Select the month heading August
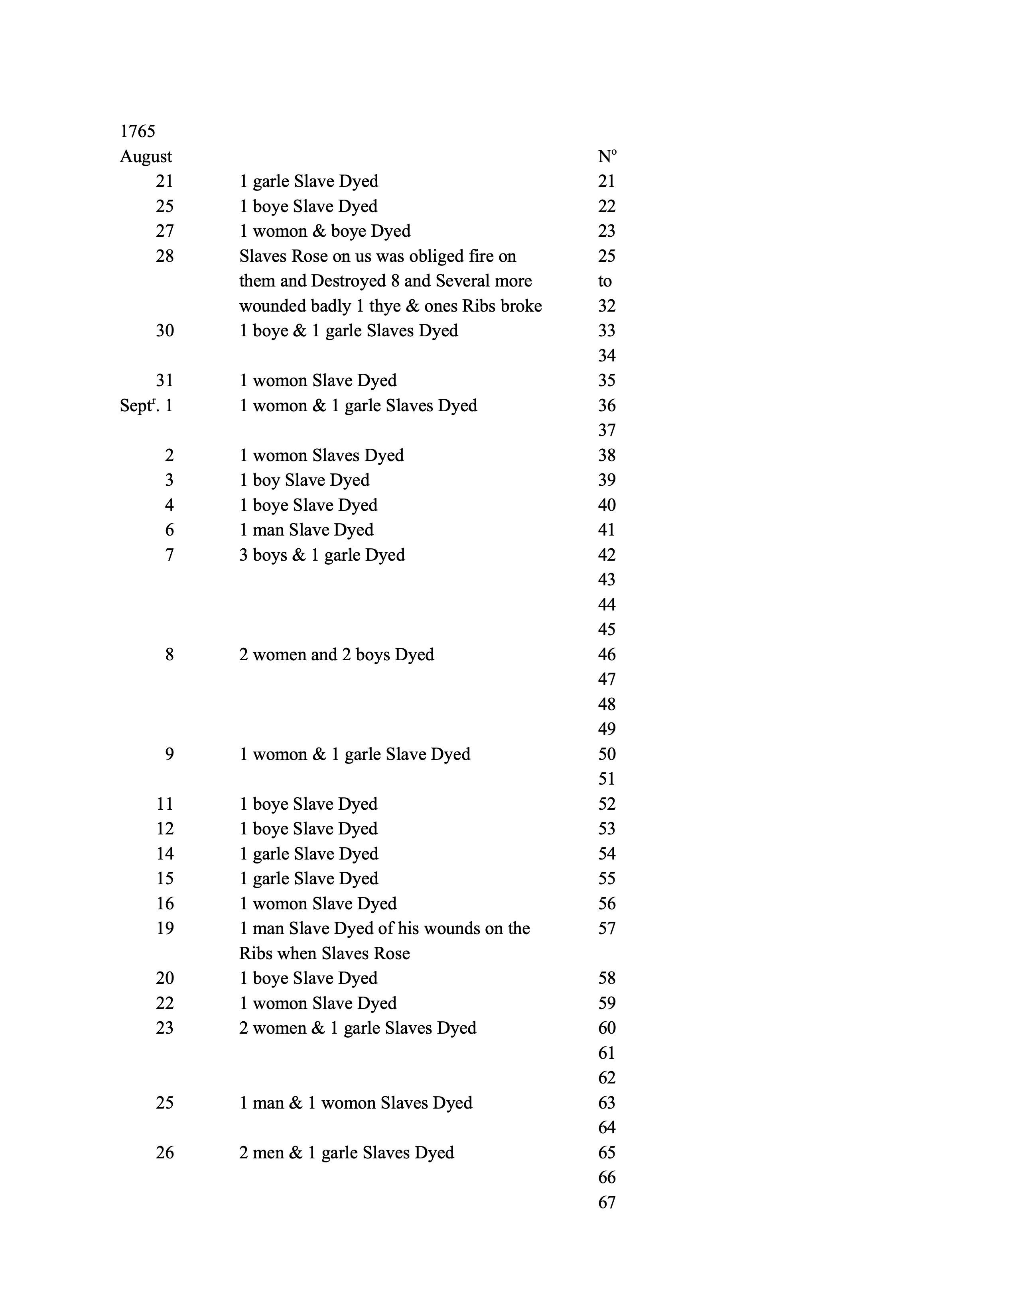pos(146,157)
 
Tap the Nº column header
pos(607,157)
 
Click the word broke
pos(521,306)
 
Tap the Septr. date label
pos(137,406)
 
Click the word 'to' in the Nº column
pos(605,281)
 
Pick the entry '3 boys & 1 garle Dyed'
pos(322,555)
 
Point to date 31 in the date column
pos(164,381)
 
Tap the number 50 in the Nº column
pos(607,754)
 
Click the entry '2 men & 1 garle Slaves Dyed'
pos(347,1153)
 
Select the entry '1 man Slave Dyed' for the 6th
pos(306,530)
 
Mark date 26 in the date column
pos(164,1153)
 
